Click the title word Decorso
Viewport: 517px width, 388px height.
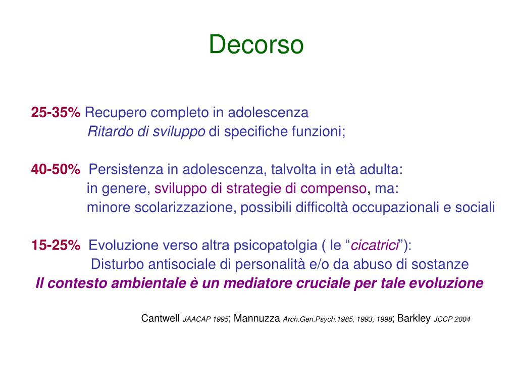coord(256,44)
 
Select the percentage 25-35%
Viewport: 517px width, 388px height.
coord(56,112)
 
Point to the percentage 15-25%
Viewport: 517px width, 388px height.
coord(56,246)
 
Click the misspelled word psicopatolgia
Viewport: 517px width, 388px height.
coord(272,246)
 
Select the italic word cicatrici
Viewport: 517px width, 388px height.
coord(375,246)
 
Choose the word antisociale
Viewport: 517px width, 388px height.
coord(181,264)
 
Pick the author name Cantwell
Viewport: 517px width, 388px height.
coord(161,319)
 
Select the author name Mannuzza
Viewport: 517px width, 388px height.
coord(257,319)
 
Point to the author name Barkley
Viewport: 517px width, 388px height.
coord(414,319)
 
